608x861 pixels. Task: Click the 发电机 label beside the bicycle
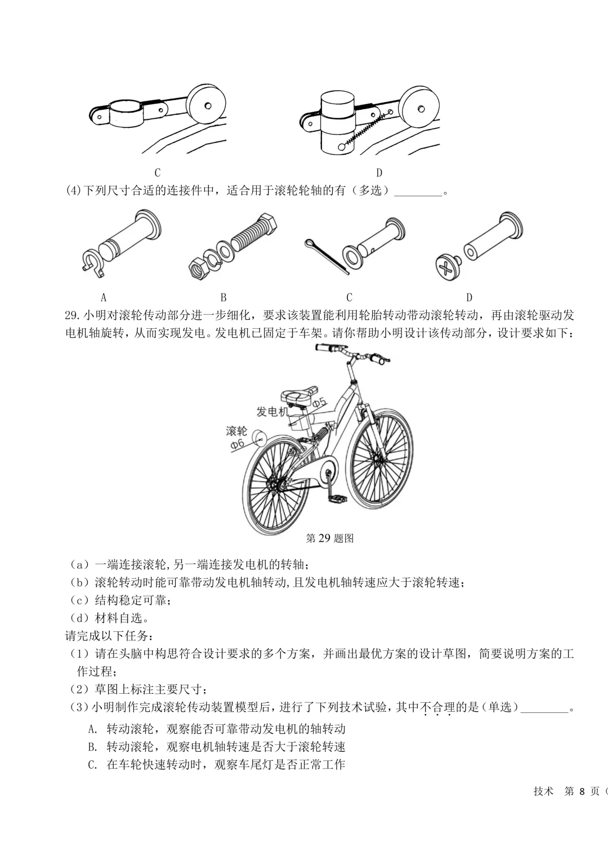tap(272, 412)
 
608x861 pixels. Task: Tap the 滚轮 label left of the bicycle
tap(236, 431)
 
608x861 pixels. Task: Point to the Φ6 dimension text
tap(238, 445)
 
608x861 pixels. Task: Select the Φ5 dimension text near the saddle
tap(319, 403)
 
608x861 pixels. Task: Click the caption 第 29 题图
tap(329, 538)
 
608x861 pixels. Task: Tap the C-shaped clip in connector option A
tap(93, 262)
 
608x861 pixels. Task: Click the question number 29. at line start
tap(74, 315)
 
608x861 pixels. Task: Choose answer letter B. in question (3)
tap(93, 747)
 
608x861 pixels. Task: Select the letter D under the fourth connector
tap(469, 297)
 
